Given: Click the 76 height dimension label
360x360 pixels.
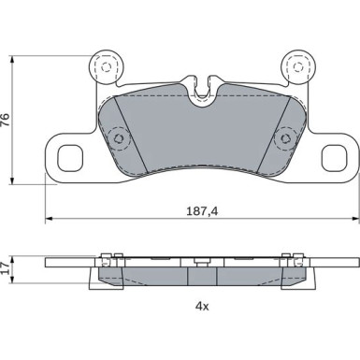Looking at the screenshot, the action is coord(6,120).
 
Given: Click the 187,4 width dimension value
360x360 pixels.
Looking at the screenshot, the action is coord(202,211).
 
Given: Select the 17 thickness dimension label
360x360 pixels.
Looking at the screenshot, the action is coord(6,268).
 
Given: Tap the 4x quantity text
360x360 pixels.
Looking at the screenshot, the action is coord(202,307).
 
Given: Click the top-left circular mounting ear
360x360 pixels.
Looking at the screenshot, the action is coord(107,67).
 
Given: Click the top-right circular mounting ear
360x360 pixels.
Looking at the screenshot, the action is coord(298,67).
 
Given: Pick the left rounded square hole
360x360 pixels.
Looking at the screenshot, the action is coord(70,158).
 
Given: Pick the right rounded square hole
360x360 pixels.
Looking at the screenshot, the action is coord(334,158).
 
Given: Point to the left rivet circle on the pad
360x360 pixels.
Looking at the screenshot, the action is coord(119,138).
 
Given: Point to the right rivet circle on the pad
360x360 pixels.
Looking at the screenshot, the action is coord(285,138).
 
